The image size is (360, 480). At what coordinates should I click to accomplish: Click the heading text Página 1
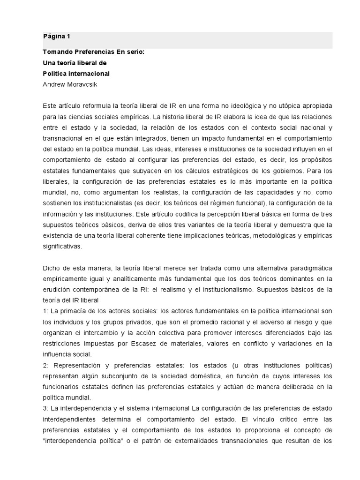point(56,36)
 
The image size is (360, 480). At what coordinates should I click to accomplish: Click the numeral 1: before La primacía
point(45,311)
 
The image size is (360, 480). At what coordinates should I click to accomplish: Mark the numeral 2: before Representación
point(45,365)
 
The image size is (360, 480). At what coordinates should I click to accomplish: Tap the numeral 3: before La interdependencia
point(45,408)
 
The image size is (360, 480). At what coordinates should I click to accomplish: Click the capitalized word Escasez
point(147,344)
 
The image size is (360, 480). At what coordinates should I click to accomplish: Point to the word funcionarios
point(61,387)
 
